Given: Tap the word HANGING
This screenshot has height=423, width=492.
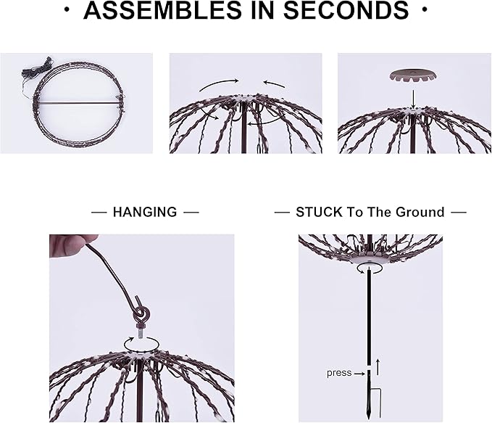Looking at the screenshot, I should coord(145,212).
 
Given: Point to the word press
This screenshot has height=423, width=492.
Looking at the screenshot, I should coord(338,373).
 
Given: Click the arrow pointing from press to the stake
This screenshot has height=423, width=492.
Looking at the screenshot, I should coord(358,373).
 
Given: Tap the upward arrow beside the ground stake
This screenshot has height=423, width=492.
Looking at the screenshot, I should coord(378,366).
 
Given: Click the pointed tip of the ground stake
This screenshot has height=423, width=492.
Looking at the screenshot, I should coord(368,416).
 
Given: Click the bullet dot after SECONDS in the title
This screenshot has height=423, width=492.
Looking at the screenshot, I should coord(424,11).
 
